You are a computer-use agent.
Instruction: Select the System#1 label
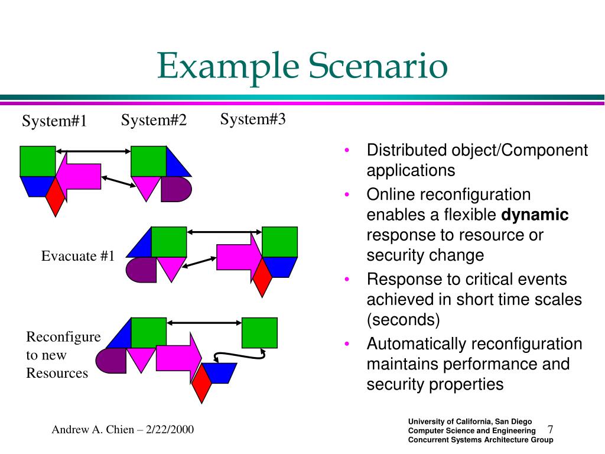click(54, 121)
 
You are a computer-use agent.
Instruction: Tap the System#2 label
click(154, 121)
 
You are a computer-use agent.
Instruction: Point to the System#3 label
click(253, 119)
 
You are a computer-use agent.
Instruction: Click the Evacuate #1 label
click(77, 256)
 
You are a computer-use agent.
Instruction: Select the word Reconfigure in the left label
click(63, 337)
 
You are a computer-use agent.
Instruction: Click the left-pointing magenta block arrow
click(83, 172)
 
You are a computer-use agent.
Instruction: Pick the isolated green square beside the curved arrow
click(259, 332)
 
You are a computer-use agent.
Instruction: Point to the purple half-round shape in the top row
click(175, 189)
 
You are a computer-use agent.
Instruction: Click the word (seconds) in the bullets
click(404, 320)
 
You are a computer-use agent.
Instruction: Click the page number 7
click(550, 429)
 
